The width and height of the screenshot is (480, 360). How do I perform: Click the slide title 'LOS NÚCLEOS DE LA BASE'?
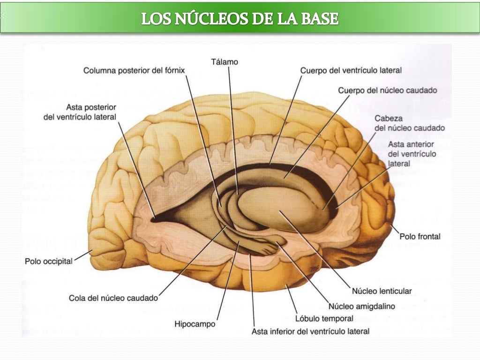[240, 18]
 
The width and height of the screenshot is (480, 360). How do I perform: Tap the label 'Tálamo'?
[225, 61]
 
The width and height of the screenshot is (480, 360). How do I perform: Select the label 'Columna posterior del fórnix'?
[134, 71]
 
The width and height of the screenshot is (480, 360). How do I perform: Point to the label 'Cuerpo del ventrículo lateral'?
[351, 71]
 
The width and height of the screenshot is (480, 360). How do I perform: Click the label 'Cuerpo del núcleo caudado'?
[388, 90]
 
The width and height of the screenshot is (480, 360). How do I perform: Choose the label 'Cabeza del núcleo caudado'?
[410, 123]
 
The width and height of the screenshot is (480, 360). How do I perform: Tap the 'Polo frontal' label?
[420, 236]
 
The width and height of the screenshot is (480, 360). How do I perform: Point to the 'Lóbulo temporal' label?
[324, 319]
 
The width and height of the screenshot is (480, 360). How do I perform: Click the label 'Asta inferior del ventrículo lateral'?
[311, 331]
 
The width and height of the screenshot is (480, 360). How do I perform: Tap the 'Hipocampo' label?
[195, 323]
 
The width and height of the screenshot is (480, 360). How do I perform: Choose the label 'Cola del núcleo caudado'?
[113, 298]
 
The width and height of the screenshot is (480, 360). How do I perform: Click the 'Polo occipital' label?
[49, 261]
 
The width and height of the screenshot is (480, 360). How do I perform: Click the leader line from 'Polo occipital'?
[83, 255]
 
